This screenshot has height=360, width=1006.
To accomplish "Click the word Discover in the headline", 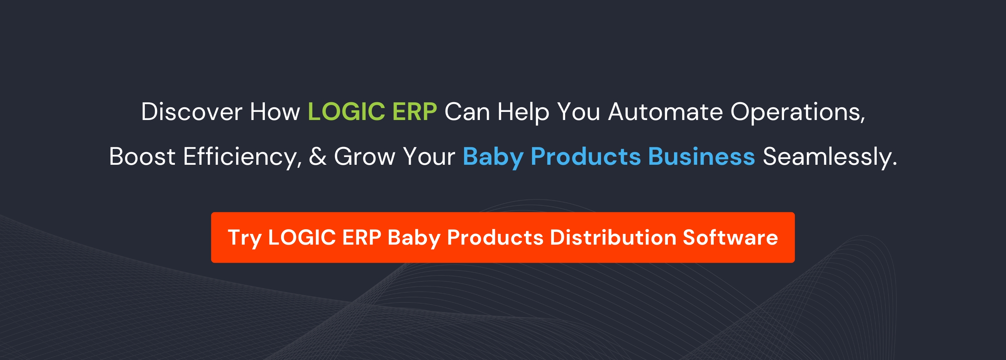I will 191,112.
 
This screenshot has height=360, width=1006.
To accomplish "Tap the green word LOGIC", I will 346,112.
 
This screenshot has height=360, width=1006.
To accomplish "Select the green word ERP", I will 414,112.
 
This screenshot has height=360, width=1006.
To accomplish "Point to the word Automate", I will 666,112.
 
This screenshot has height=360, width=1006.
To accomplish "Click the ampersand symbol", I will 317,157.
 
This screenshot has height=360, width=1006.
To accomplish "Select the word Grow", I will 365,157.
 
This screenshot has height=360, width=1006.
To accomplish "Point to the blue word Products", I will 585,157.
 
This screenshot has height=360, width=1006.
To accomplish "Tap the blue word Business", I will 701,157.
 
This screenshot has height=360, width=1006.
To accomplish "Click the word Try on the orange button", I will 244,238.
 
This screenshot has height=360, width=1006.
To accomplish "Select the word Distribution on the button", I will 613,237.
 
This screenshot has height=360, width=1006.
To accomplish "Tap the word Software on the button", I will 730,237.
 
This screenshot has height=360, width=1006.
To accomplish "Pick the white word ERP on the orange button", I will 362,237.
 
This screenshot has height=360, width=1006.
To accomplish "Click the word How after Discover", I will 275,112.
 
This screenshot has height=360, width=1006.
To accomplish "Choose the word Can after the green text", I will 467,112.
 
